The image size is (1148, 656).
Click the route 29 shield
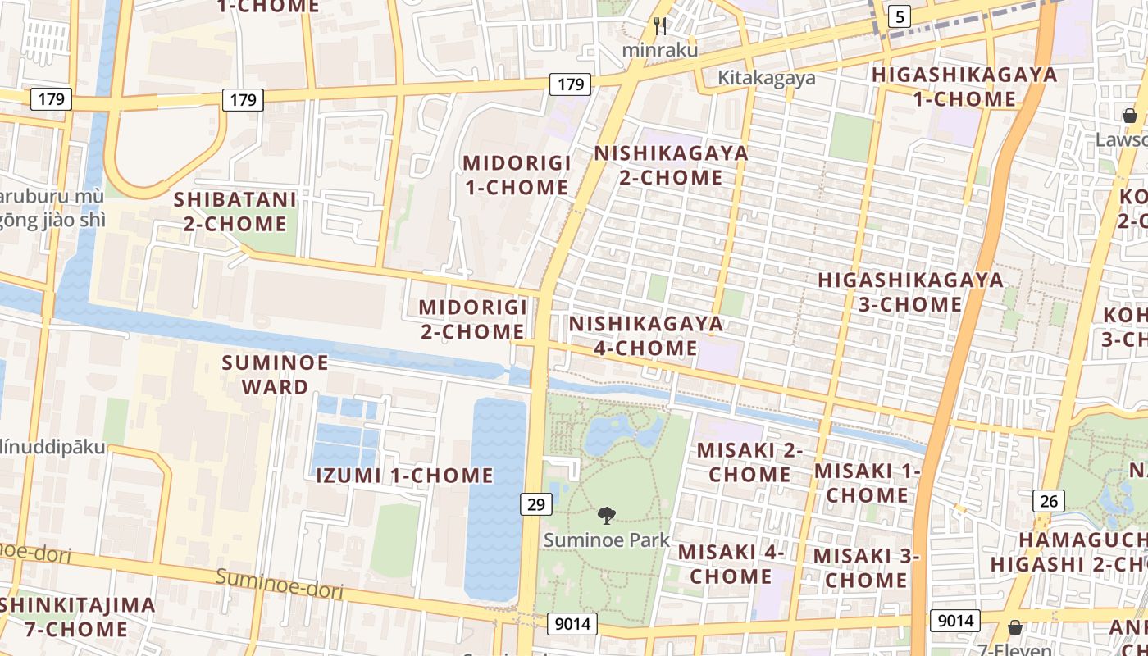coord(535,503)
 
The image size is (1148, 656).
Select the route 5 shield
coord(900,16)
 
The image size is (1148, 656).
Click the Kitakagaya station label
coord(767,78)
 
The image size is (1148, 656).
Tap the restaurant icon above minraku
coord(660,26)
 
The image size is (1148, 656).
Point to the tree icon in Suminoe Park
coord(607,515)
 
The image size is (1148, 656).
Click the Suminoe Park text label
coord(607,540)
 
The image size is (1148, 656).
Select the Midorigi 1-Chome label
coord(517,175)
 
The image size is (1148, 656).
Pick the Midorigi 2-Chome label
coord(472,319)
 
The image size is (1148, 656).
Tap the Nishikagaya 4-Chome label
coord(646,335)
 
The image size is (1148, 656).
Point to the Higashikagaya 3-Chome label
coord(910,292)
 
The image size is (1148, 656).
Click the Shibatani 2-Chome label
coord(235,212)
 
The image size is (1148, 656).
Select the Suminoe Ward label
coord(275,375)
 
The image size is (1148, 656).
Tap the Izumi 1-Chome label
coord(405,476)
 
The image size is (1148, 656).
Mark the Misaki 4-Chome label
coord(731,564)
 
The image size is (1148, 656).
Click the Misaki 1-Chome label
coord(867,483)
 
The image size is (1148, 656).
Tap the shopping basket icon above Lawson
coord(1129,116)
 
